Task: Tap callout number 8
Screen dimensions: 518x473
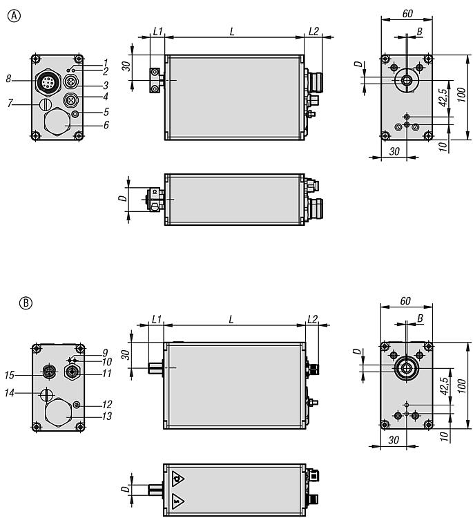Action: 8,79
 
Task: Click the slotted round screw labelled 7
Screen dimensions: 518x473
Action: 46,104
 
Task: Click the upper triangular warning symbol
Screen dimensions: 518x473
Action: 177,477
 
